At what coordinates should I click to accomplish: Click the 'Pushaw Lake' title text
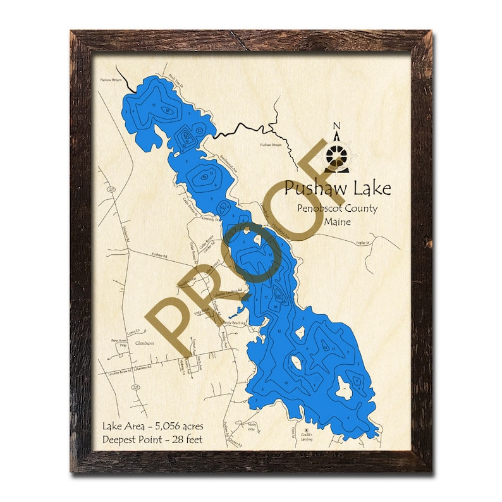337,188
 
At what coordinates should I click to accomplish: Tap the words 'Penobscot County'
338,208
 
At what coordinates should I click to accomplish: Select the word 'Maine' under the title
337,222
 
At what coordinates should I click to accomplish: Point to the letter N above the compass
336,125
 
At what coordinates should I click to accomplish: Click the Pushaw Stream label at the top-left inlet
110,81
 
